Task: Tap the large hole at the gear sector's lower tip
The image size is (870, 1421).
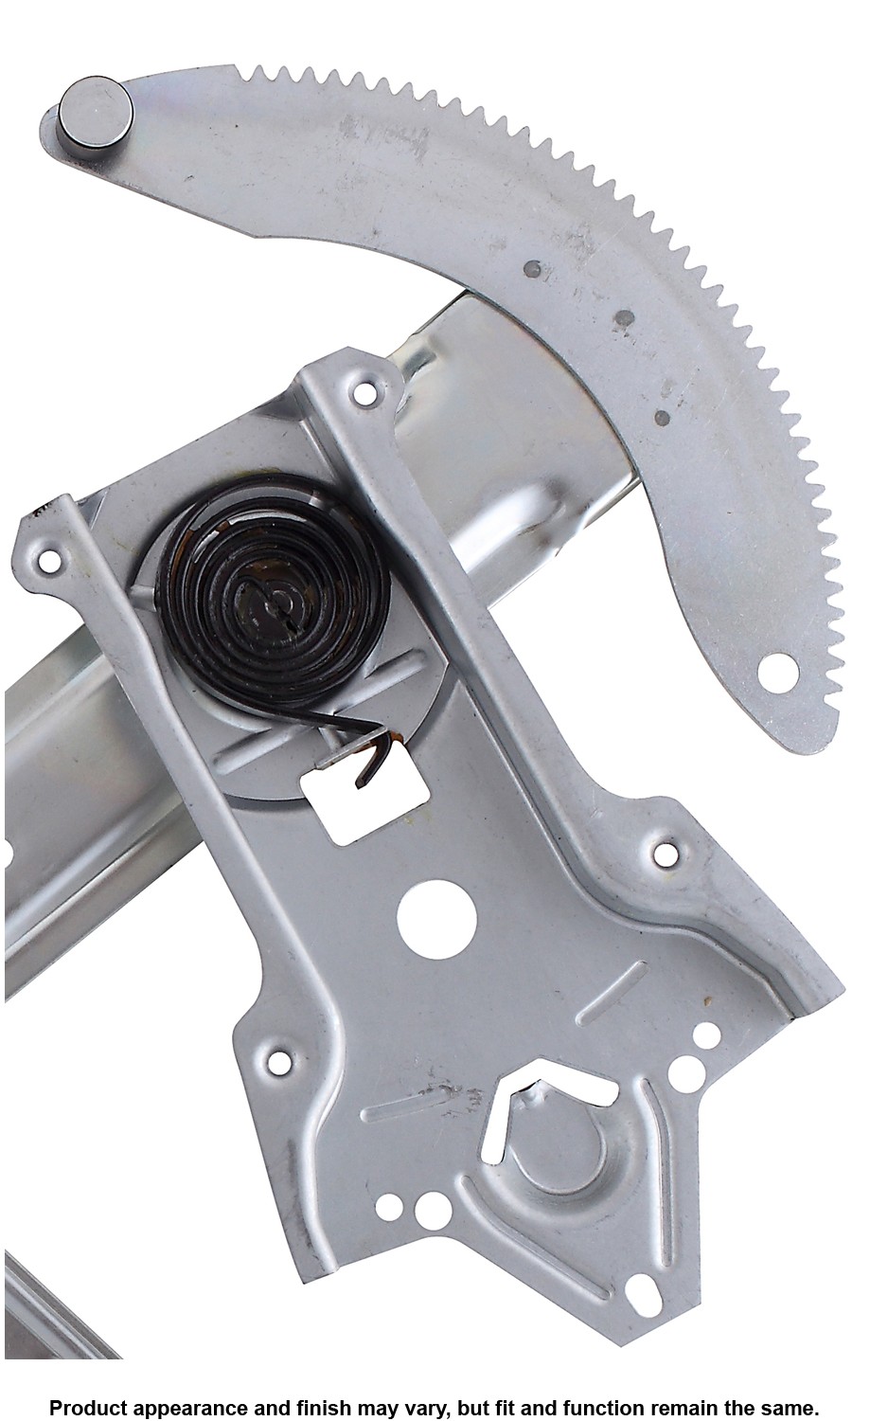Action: pyautogui.click(x=778, y=676)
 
